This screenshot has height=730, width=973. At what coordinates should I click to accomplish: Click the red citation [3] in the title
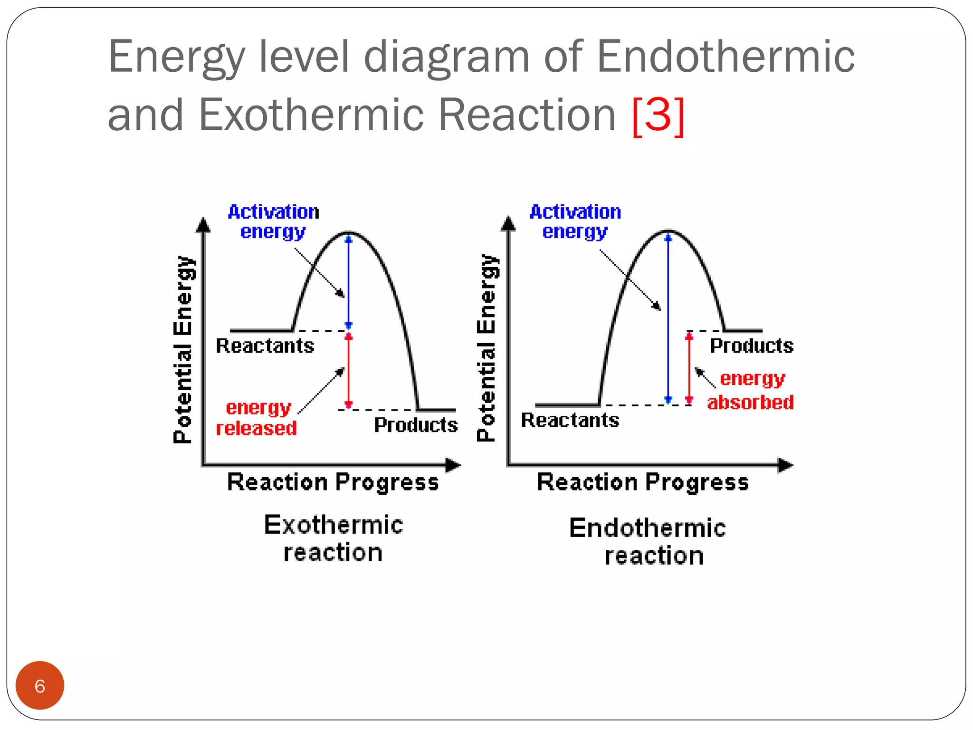pyautogui.click(x=658, y=115)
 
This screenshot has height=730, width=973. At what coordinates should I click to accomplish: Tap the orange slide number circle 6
pyautogui.click(x=40, y=685)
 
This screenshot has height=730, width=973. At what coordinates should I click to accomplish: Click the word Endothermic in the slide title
pyautogui.click(x=725, y=57)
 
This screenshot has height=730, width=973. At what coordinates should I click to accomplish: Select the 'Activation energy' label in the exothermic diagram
pyautogui.click(x=273, y=221)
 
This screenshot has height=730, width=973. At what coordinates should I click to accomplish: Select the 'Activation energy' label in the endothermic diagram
pyautogui.click(x=575, y=221)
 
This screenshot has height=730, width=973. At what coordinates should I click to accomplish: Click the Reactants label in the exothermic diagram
pyautogui.click(x=265, y=346)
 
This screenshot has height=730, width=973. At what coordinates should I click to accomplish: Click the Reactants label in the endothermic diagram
pyautogui.click(x=570, y=420)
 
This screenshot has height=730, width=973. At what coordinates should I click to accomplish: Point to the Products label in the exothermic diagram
pyautogui.click(x=416, y=425)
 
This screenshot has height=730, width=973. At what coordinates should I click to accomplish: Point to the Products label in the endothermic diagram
pyautogui.click(x=751, y=346)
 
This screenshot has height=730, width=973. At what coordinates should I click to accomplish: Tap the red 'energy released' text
pyautogui.click(x=257, y=418)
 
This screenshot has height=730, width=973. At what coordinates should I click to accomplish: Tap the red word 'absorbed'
pyautogui.click(x=750, y=403)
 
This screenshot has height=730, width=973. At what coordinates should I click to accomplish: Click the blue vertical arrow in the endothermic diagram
pyautogui.click(x=668, y=318)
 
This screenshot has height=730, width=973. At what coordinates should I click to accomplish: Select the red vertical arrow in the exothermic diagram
pyautogui.click(x=348, y=371)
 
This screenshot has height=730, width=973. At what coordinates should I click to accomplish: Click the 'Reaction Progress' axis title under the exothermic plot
pyautogui.click(x=333, y=482)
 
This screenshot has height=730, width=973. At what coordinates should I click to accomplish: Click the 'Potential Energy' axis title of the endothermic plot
pyautogui.click(x=486, y=348)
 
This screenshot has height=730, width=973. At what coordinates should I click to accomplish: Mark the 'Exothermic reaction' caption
pyautogui.click(x=333, y=538)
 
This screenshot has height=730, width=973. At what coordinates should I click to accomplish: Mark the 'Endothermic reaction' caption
pyautogui.click(x=648, y=542)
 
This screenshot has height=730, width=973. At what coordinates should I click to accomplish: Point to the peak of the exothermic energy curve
pyautogui.click(x=349, y=233)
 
